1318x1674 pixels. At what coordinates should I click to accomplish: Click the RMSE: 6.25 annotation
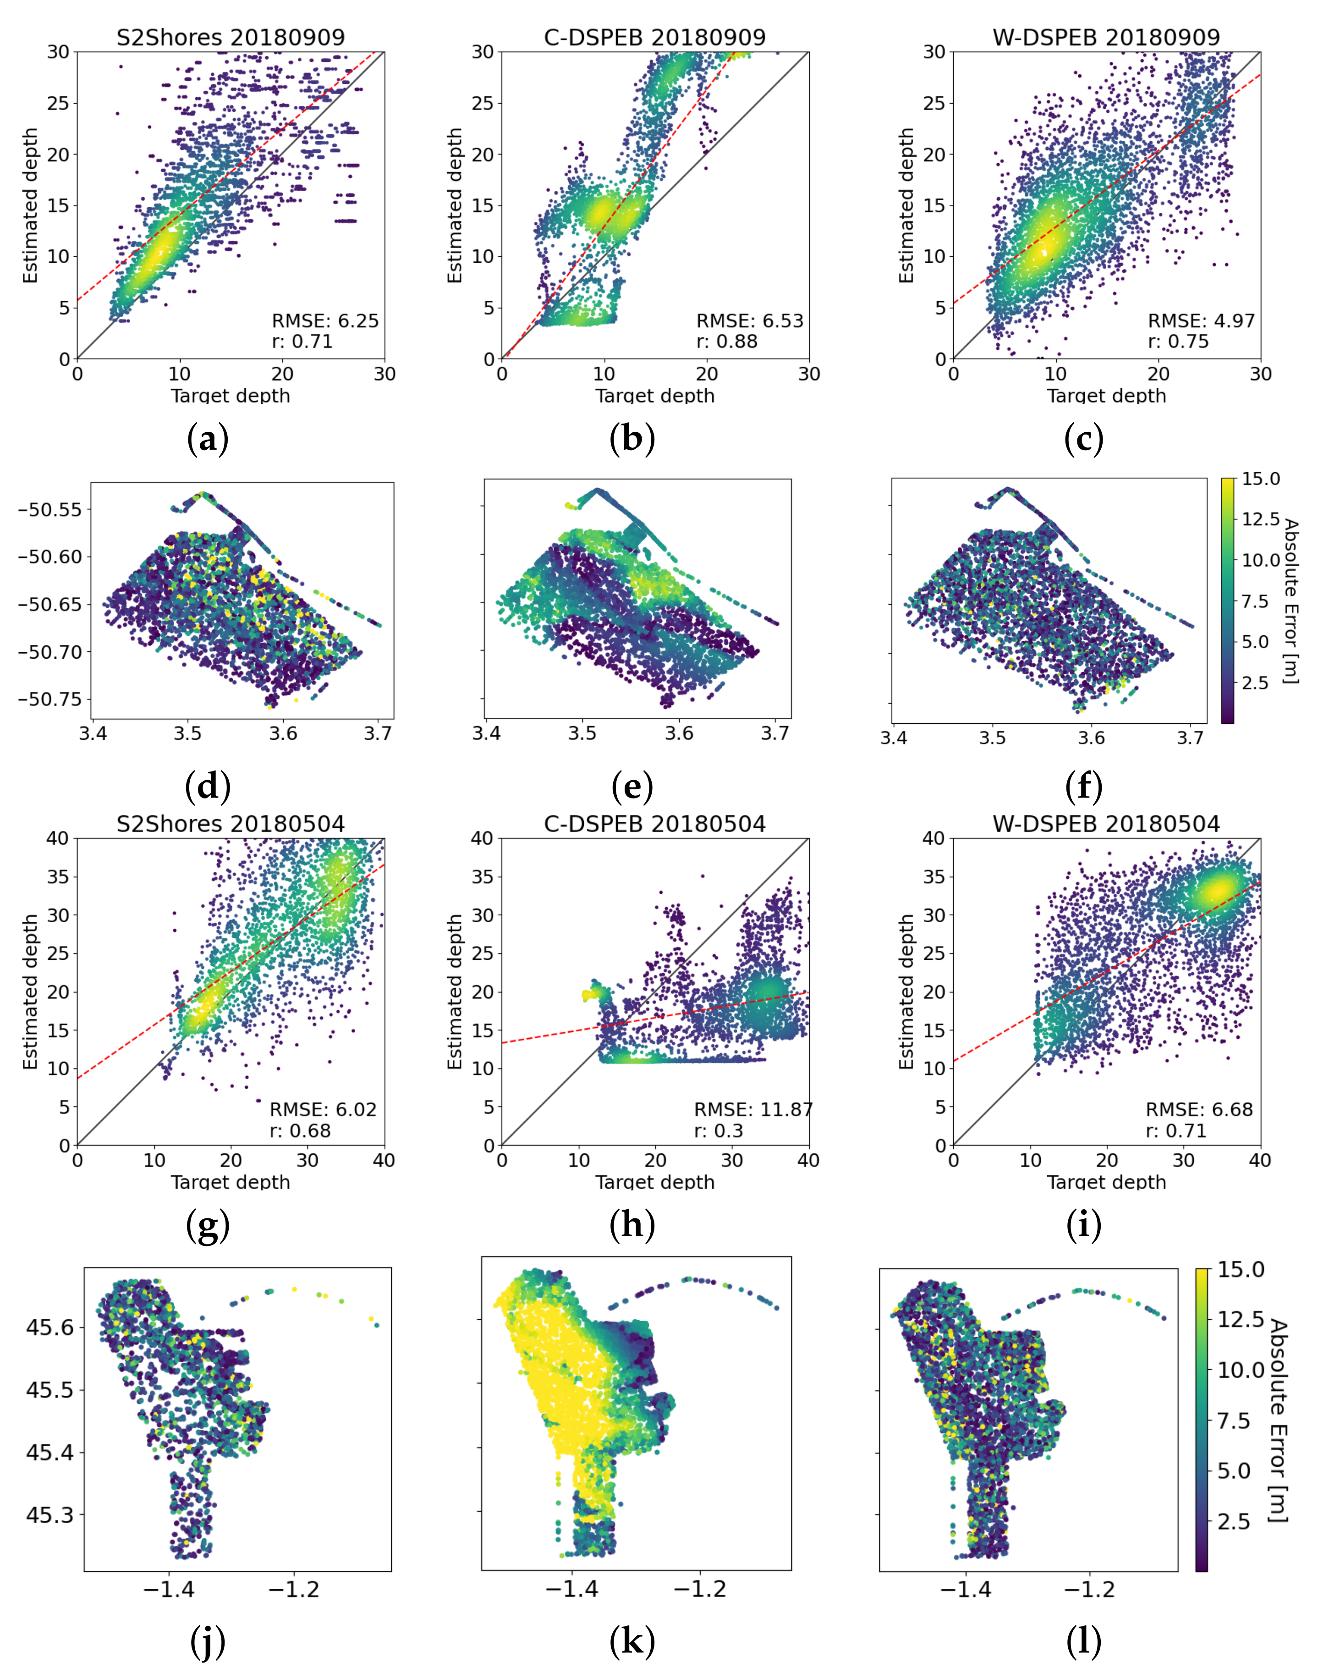(x=325, y=321)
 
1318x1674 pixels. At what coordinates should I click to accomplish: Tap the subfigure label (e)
(x=632, y=787)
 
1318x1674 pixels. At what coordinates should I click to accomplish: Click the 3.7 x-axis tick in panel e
(x=775, y=733)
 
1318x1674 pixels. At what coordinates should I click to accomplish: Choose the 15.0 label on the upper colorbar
(x=1261, y=479)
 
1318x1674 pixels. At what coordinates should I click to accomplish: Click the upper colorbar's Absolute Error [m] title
(x=1290, y=601)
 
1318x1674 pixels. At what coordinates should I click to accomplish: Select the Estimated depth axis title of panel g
(x=31, y=992)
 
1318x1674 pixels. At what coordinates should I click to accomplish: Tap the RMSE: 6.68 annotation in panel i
(x=1199, y=1110)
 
